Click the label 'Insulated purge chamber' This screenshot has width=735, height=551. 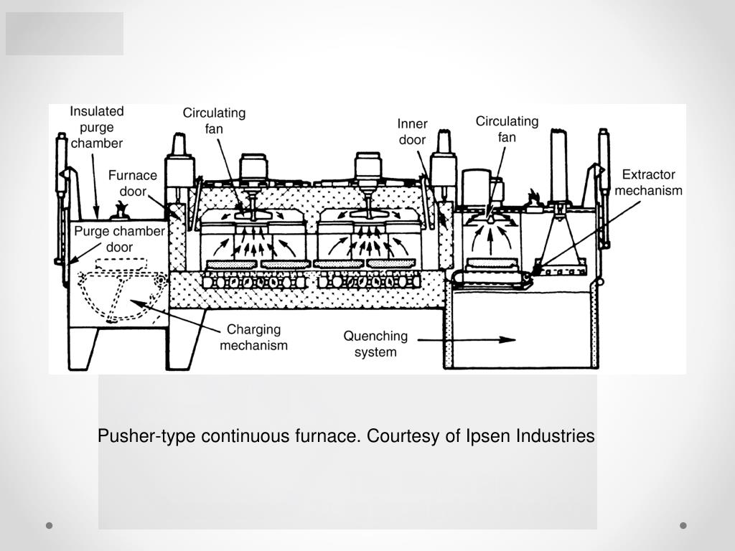click(x=97, y=127)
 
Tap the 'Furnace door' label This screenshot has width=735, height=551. click(x=133, y=183)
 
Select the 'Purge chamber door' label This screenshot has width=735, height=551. click(x=120, y=239)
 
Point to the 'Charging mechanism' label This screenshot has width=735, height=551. click(x=253, y=337)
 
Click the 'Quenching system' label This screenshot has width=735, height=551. click(x=375, y=344)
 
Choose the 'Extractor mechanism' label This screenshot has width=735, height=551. click(x=648, y=182)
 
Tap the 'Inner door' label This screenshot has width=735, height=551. click(x=412, y=132)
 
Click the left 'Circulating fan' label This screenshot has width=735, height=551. click(x=214, y=121)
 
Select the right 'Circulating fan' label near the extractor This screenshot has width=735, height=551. click(x=507, y=129)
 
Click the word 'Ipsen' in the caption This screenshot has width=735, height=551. click(x=488, y=436)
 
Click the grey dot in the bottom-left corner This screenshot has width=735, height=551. click(x=50, y=525)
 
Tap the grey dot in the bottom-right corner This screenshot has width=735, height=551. click(x=683, y=525)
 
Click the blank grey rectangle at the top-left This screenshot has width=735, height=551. click(x=65, y=34)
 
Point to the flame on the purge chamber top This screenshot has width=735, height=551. click(x=122, y=208)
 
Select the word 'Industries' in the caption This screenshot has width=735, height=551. click(x=556, y=435)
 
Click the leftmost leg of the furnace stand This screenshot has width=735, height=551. click(x=83, y=349)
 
